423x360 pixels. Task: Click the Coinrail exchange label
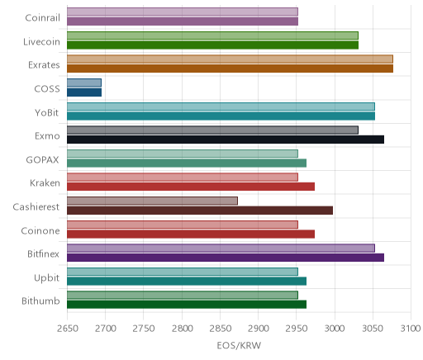(x=42, y=18)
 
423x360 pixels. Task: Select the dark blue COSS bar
(x=84, y=92)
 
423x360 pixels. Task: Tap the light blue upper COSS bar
(x=84, y=83)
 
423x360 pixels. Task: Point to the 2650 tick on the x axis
(x=68, y=329)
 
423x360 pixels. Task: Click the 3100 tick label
(x=411, y=329)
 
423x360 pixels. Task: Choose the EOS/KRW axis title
(x=239, y=345)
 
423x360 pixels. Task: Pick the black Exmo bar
(x=226, y=140)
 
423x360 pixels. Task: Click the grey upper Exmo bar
(x=212, y=130)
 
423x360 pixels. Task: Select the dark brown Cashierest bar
(x=200, y=211)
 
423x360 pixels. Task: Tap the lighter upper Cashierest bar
(x=152, y=201)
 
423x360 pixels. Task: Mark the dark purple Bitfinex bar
(x=226, y=258)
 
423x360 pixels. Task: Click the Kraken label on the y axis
(x=45, y=183)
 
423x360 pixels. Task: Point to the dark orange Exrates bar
(x=230, y=69)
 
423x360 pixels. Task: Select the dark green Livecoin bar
(x=212, y=45)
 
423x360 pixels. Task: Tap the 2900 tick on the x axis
(x=259, y=329)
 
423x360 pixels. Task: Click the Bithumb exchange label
(x=40, y=301)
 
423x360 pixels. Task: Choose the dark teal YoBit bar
(x=221, y=116)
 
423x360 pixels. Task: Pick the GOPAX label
(x=42, y=160)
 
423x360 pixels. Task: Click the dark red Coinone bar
(x=191, y=234)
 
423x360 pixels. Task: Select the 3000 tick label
(x=335, y=329)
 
